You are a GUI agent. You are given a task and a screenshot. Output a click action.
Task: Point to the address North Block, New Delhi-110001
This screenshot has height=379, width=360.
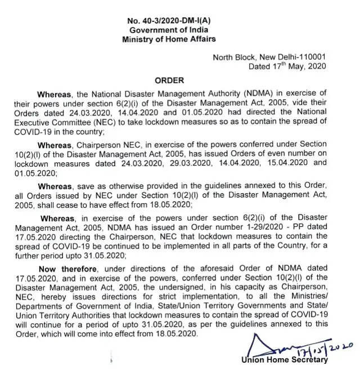coord(269,57)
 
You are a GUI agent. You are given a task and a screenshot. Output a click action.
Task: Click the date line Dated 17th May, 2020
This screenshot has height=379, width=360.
coord(287,66)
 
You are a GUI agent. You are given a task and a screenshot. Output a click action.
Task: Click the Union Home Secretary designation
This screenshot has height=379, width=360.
coord(284,360)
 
